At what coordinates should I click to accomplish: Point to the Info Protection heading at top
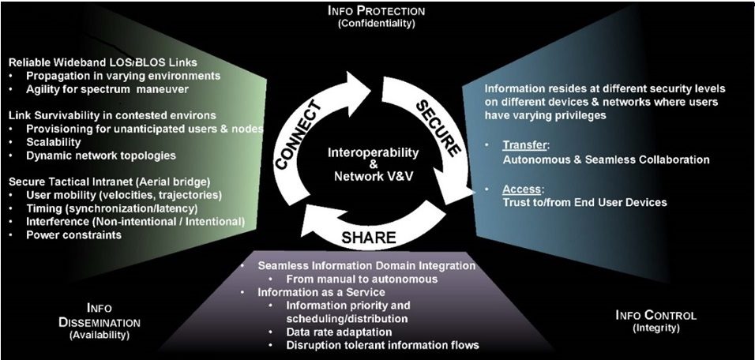tap(377, 11)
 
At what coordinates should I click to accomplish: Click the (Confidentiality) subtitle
tap(377, 24)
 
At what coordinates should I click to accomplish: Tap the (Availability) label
tap(100, 335)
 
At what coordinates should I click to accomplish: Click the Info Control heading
tap(655, 315)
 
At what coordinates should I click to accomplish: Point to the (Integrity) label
tap(655, 328)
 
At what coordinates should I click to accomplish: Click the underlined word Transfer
tap(524, 146)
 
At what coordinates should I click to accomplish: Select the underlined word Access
tap(521, 189)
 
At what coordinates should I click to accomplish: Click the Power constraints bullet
tap(73, 234)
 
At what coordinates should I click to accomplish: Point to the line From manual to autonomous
tap(355, 279)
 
